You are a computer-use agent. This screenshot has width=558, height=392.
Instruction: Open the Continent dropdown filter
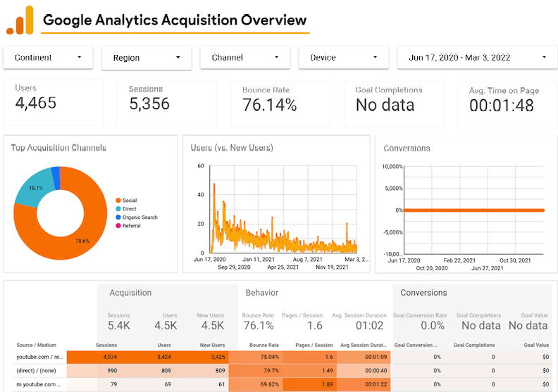[x=48, y=58]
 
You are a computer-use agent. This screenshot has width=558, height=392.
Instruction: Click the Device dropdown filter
[x=343, y=58]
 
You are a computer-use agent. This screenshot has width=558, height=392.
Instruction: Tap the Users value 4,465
[x=35, y=104]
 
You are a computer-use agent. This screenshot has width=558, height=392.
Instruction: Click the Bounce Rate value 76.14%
[x=269, y=106]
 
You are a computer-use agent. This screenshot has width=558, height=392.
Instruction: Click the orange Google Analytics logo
[x=20, y=20]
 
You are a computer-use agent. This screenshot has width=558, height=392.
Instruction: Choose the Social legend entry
[x=130, y=201]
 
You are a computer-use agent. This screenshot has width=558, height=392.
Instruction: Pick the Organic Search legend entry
[x=139, y=217]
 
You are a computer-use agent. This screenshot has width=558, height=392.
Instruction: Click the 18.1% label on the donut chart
[x=35, y=188]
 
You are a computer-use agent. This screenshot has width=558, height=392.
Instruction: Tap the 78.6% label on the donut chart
[x=83, y=241]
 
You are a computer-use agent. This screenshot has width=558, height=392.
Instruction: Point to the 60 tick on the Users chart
[x=200, y=166]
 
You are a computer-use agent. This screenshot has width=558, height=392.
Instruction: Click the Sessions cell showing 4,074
[x=117, y=357]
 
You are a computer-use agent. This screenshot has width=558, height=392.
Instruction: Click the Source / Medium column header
[x=35, y=345]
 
